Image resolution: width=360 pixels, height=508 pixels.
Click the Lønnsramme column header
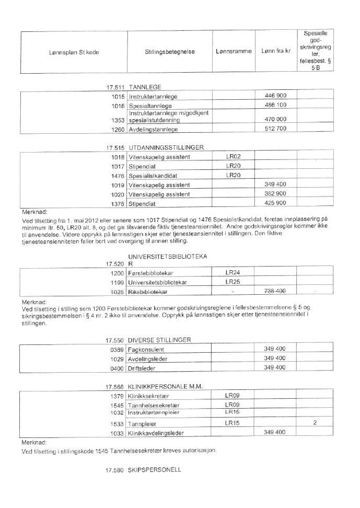pyautogui.click(x=234, y=52)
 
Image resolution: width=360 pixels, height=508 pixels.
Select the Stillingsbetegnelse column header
pyautogui.click(x=170, y=52)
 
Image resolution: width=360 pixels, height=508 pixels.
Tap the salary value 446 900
pyautogui.click(x=275, y=97)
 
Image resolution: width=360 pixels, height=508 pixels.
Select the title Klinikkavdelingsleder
pyautogui.click(x=156, y=433)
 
